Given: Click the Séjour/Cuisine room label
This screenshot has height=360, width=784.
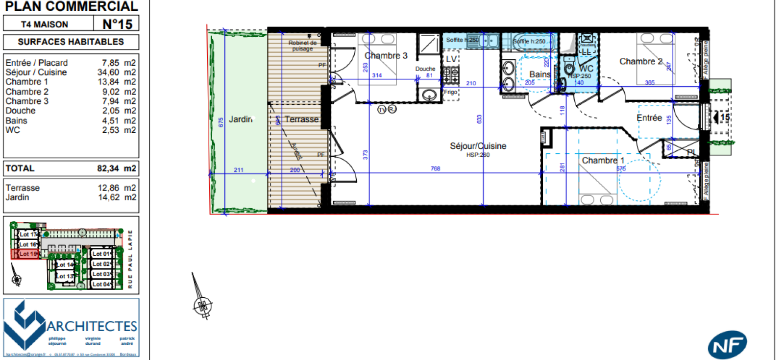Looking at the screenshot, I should [x=478, y=146].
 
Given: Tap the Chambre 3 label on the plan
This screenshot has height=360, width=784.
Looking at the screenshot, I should [x=386, y=56].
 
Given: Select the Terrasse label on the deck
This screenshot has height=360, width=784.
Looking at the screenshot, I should [x=301, y=119].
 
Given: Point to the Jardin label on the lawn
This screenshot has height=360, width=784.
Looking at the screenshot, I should [x=241, y=119].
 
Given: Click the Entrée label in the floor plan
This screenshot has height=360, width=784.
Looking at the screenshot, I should [x=649, y=118].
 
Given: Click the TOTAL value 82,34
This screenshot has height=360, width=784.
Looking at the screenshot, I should [x=108, y=168].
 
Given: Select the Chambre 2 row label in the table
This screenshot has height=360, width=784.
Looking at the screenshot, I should [x=27, y=92].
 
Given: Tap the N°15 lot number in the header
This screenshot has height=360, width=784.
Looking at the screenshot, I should [x=117, y=24].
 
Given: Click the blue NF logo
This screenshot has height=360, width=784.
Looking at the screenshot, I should [x=727, y=345].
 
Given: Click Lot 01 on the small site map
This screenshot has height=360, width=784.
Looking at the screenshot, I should [x=102, y=254].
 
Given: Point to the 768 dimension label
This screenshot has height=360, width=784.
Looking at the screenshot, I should [x=435, y=168].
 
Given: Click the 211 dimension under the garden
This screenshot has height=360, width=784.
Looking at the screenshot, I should [x=238, y=170].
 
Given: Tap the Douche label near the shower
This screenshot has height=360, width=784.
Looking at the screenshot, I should [x=425, y=69].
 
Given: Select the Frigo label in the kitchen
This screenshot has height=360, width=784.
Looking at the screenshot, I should [x=450, y=92].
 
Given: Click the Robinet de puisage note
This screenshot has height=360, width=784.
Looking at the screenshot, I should [x=302, y=46].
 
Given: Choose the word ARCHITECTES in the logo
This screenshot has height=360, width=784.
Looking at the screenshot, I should [x=92, y=326].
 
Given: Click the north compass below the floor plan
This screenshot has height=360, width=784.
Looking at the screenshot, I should [x=201, y=305].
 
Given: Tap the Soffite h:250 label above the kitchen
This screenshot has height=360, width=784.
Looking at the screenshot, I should [x=462, y=40].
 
